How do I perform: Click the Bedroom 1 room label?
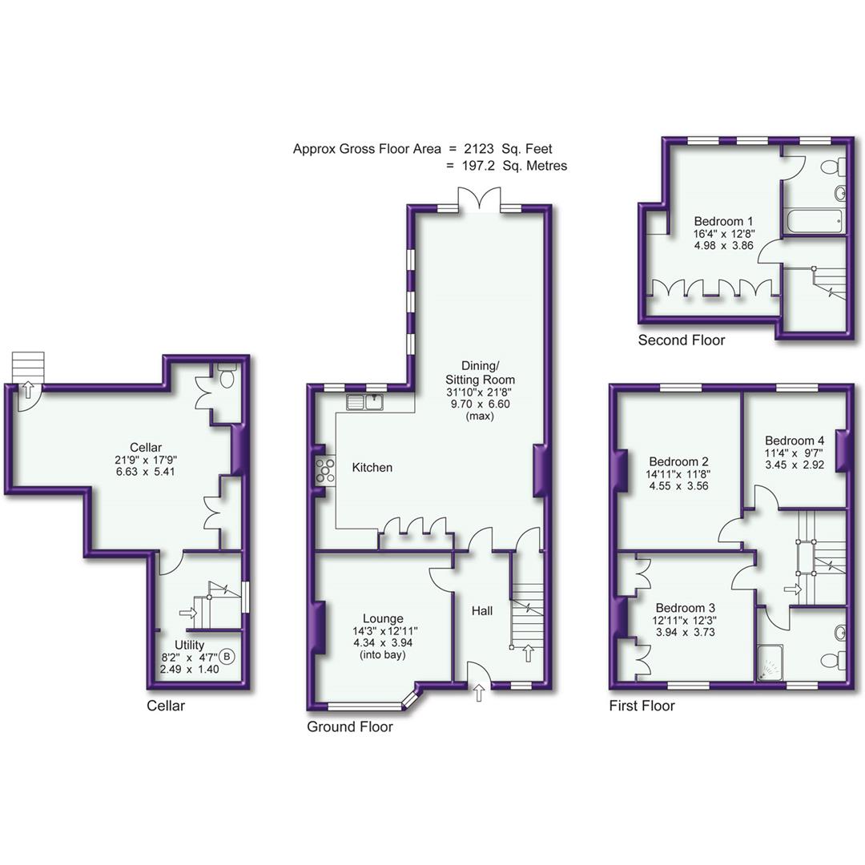coord(723,221)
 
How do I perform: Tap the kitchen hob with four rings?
coord(326,469)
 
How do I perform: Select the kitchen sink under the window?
coord(366,402)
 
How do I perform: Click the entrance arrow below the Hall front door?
coord(479,694)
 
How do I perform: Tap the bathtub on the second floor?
coord(812,221)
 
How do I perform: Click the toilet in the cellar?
coord(227,376)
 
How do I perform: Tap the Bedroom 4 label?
coord(794,441)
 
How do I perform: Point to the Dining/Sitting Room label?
coord(480,372)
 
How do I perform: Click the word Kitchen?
coord(372,467)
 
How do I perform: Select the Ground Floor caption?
coord(349,727)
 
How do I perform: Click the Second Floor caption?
coord(681,340)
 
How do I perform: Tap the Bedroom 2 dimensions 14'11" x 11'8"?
coord(679,475)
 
